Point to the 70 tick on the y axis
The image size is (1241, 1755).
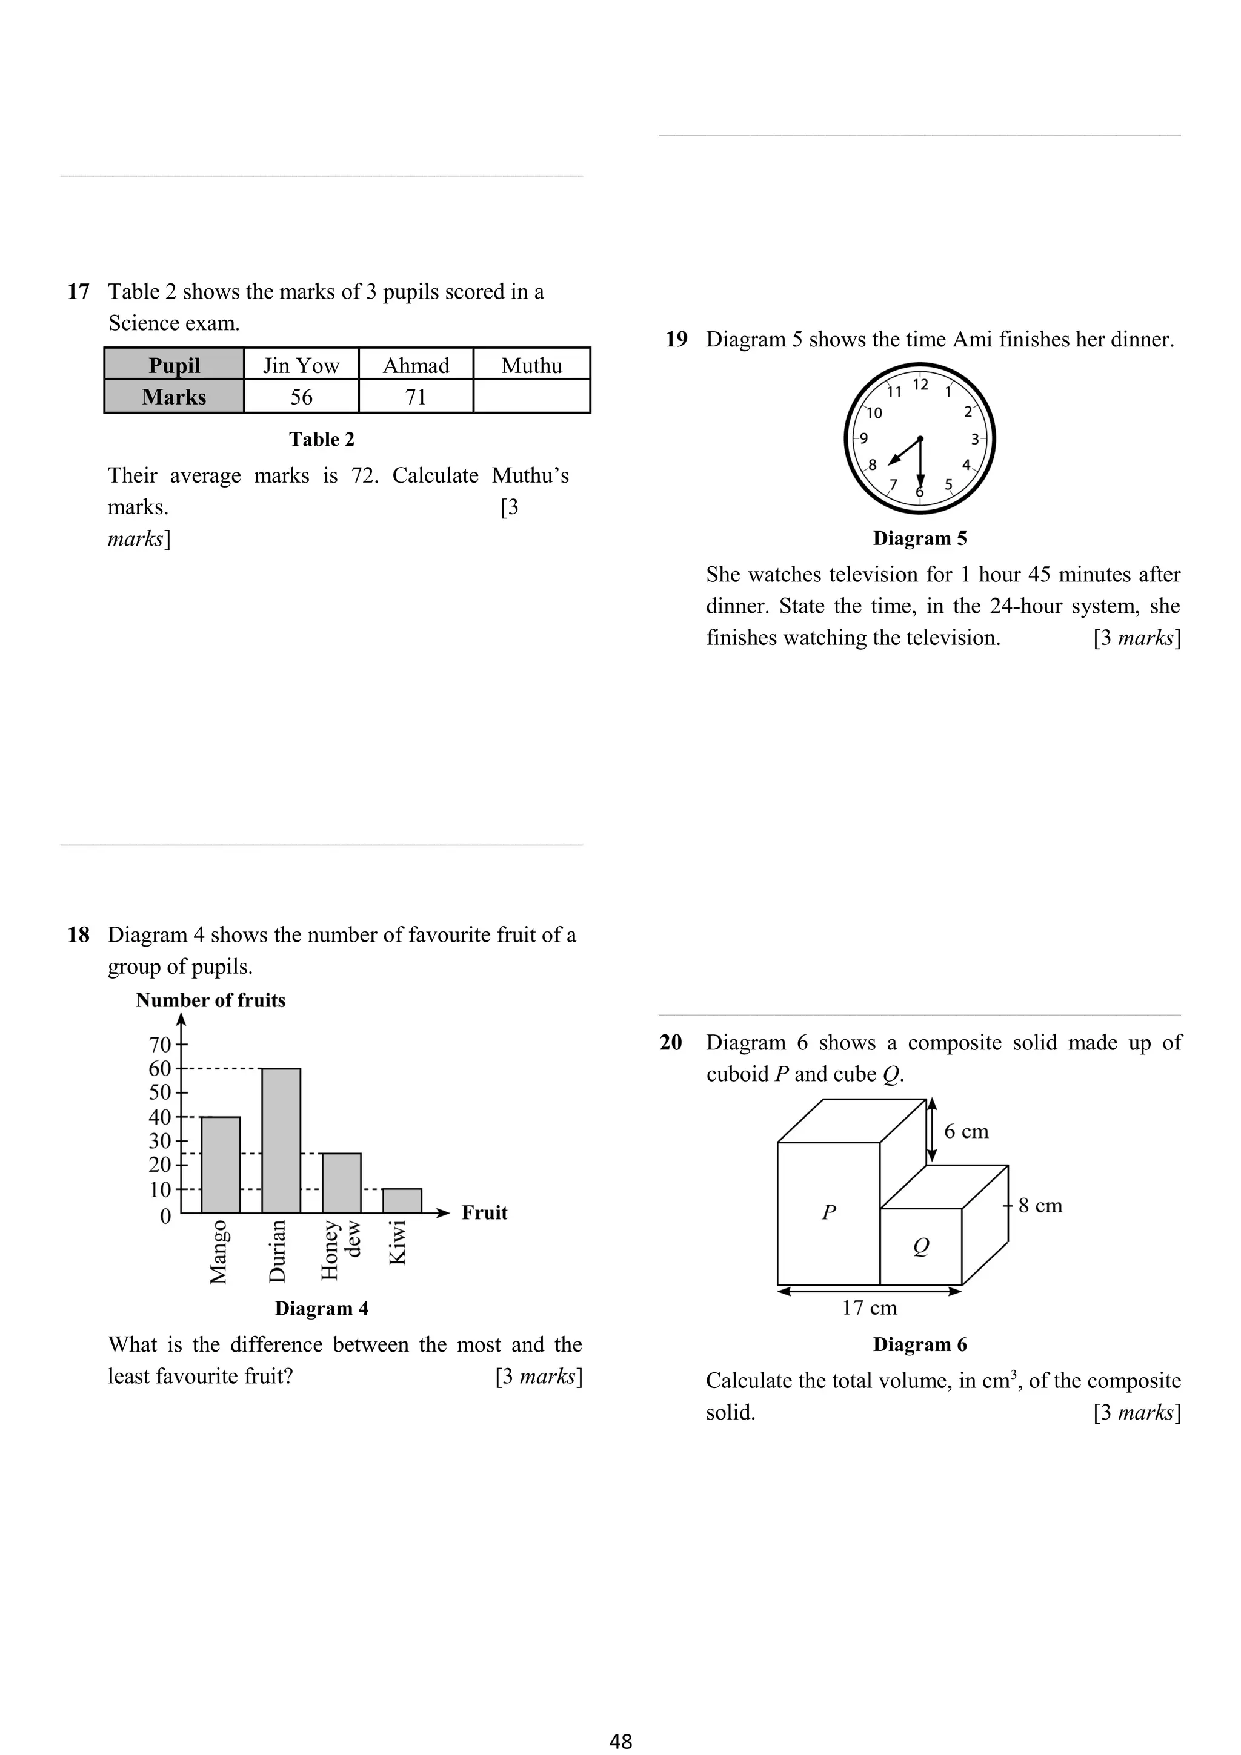[x=160, y=1044]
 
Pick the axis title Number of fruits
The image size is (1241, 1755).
[x=210, y=1000]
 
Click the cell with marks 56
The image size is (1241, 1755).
[x=301, y=397]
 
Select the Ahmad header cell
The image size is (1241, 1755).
[x=416, y=365]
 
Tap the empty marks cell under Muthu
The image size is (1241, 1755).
[x=531, y=397]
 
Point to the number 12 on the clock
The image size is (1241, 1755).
[x=920, y=385]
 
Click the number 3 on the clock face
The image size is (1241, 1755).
[x=975, y=440]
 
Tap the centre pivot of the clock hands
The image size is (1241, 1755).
[x=920, y=438]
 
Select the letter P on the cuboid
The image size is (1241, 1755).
[x=828, y=1212]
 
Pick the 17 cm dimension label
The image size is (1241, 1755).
[x=870, y=1308]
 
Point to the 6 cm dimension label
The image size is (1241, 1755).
[x=966, y=1131]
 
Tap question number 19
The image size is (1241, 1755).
[x=676, y=339]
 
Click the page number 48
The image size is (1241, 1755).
[x=620, y=1740]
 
